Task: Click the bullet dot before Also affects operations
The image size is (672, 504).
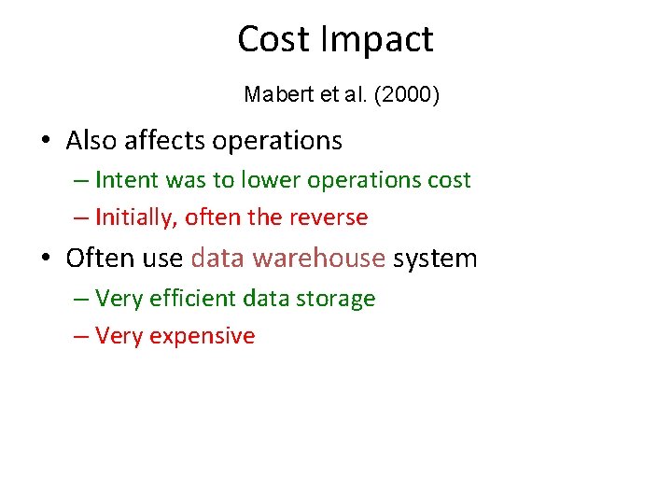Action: tap(45, 142)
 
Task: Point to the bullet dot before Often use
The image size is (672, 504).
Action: tap(45, 259)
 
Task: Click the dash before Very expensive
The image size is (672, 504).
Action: tap(80, 337)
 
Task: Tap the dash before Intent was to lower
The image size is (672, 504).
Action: tap(80, 180)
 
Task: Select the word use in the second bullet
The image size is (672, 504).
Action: tap(164, 259)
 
